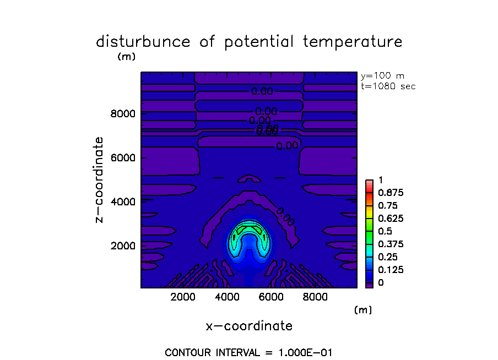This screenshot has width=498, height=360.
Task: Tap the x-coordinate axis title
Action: tap(249, 326)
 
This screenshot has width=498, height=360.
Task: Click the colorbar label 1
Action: tap(380, 181)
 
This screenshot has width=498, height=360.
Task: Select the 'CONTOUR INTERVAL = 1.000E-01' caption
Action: tap(248, 352)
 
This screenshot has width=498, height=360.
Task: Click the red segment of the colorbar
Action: tap(370, 186)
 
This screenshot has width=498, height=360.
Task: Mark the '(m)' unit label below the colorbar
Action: tap(363, 310)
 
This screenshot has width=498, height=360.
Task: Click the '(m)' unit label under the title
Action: tap(126, 56)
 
